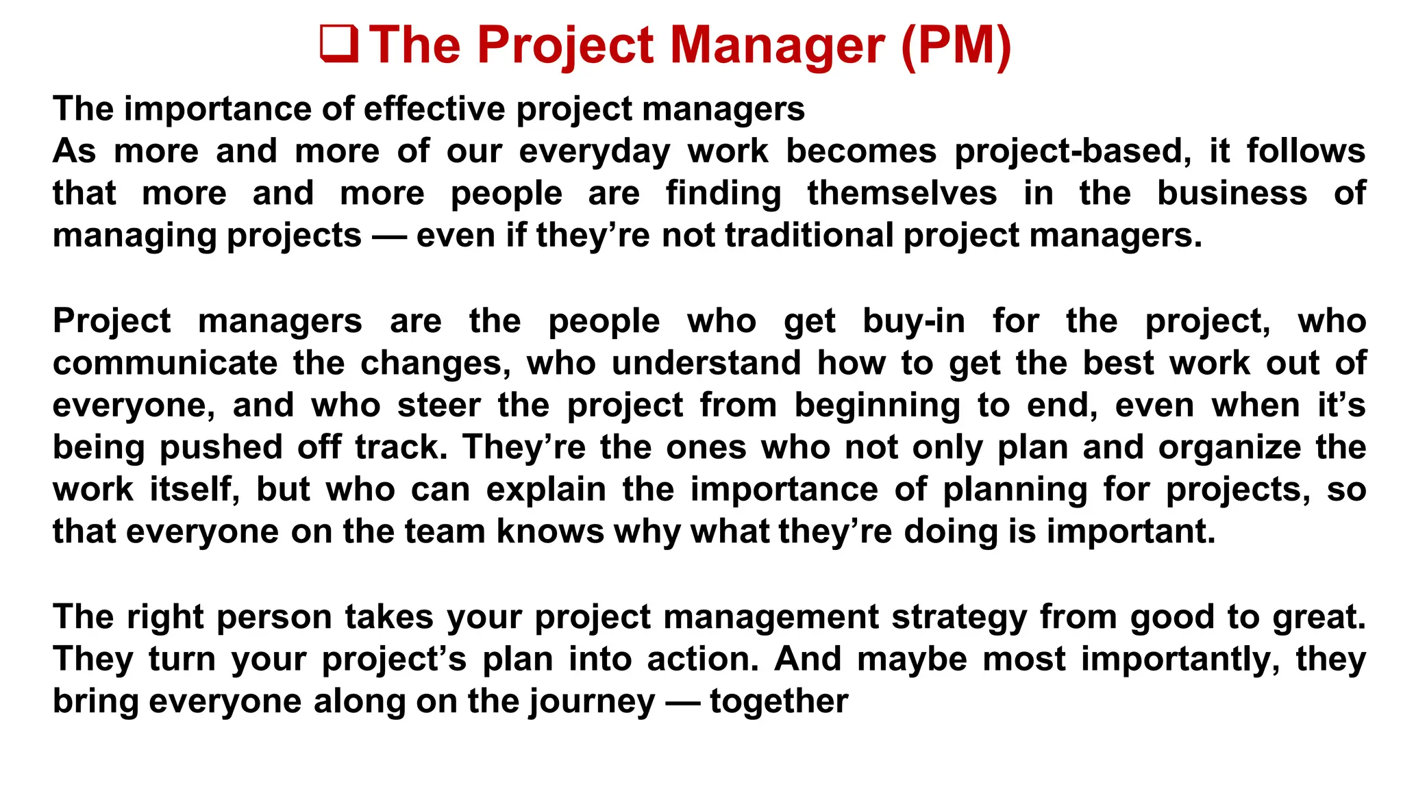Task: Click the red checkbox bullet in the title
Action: [x=339, y=45]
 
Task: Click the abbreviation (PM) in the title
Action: [x=956, y=45]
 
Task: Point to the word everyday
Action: [x=595, y=151]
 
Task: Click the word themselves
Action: [x=902, y=193]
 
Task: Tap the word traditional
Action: [x=809, y=236]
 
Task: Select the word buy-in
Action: [x=914, y=321]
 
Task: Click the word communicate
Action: [x=165, y=363]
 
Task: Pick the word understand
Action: [x=706, y=363]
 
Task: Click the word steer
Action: [x=439, y=405]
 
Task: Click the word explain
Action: [x=546, y=490]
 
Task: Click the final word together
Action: [x=779, y=701]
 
